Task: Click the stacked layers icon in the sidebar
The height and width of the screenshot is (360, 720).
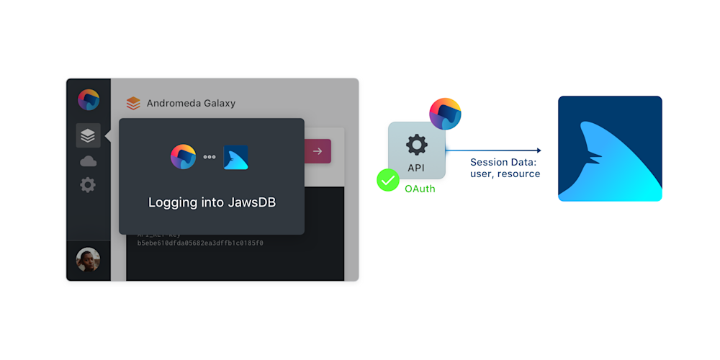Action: click(x=88, y=135)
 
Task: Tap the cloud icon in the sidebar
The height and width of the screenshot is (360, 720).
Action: click(x=88, y=161)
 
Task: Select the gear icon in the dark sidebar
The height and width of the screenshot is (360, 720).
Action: click(x=88, y=185)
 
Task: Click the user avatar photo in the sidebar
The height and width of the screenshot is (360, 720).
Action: click(x=88, y=260)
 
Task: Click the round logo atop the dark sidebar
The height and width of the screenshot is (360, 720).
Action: click(x=89, y=99)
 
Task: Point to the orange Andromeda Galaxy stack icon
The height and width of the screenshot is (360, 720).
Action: click(x=133, y=103)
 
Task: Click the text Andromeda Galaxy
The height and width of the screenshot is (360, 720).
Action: click(x=191, y=103)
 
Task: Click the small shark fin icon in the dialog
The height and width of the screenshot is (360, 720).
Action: click(x=235, y=157)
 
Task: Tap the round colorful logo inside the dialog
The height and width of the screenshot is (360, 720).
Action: click(x=183, y=156)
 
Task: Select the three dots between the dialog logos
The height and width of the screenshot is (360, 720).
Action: click(x=210, y=157)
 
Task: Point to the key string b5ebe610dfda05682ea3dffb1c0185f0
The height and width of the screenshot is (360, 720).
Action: click(x=200, y=243)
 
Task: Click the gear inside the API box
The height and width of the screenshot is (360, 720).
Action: click(x=417, y=145)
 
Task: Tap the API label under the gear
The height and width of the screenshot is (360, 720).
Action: click(x=417, y=168)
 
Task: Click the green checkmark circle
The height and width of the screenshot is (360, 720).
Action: click(x=388, y=180)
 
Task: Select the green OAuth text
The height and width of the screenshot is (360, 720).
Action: click(x=420, y=189)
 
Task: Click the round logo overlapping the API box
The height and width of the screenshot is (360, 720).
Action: click(x=445, y=113)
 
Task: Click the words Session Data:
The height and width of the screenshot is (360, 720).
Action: click(x=503, y=162)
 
